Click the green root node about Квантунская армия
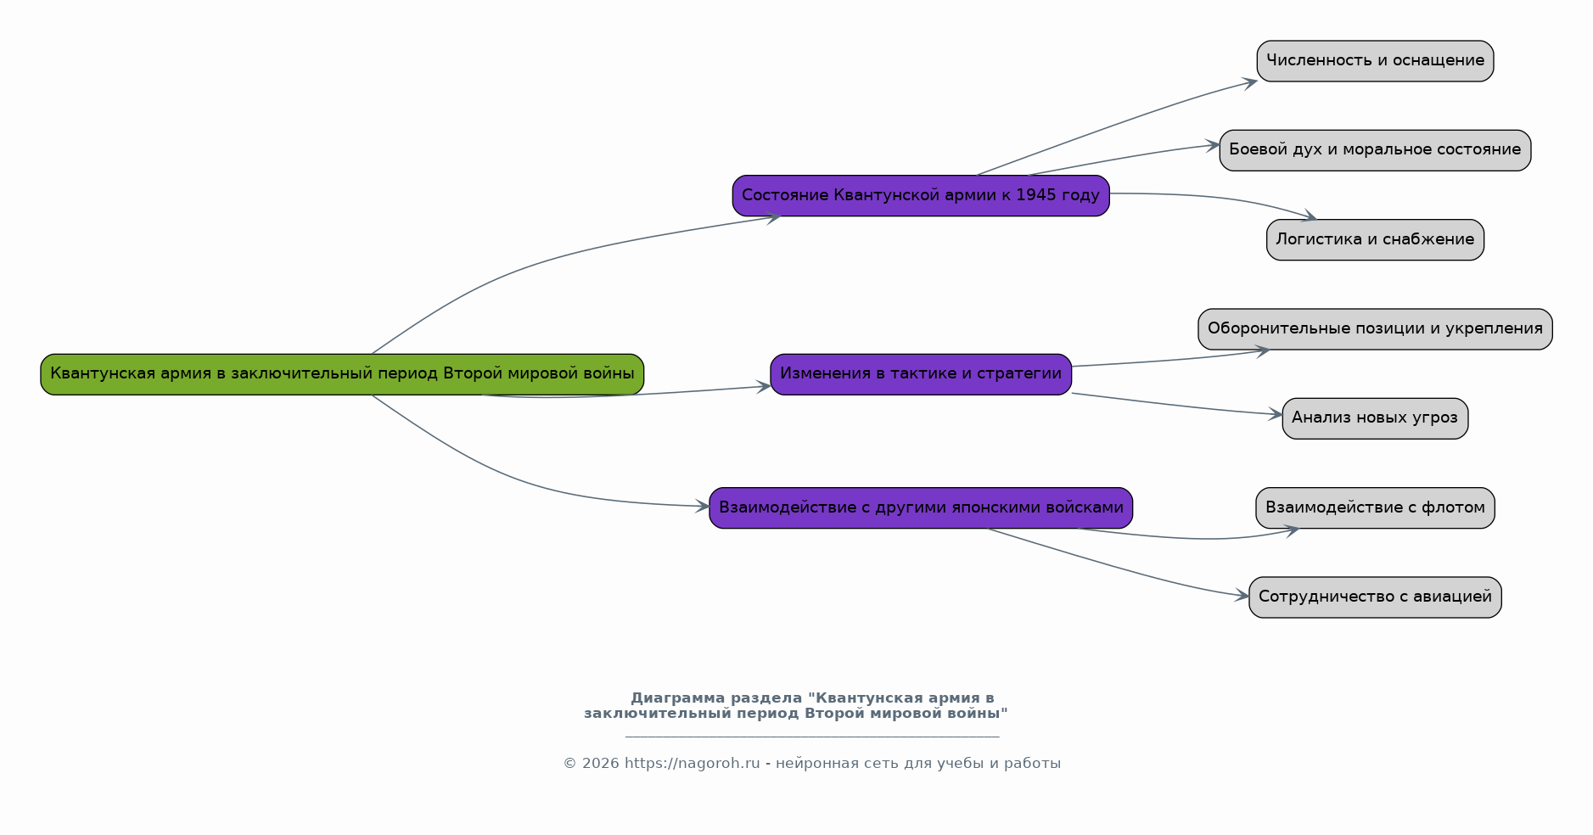pyautogui.click(x=342, y=374)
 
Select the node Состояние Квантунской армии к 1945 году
pyautogui.click(x=921, y=195)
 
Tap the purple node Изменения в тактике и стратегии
pyautogui.click(x=921, y=374)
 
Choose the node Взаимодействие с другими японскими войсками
pyautogui.click(x=921, y=507)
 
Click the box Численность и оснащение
pyautogui.click(x=1375, y=61)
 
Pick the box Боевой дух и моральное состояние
pyautogui.click(x=1375, y=150)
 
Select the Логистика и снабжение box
pyautogui.click(x=1375, y=239)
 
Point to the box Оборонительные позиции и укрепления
pyautogui.click(x=1375, y=329)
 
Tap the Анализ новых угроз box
pyautogui.click(x=1375, y=418)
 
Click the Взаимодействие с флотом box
pyautogui.click(x=1375, y=507)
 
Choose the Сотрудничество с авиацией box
pyautogui.click(x=1375, y=597)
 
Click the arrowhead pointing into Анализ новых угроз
pyautogui.click(x=1276, y=415)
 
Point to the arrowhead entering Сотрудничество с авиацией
pyautogui.click(x=1242, y=596)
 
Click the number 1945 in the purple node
pyautogui.click(x=1035, y=195)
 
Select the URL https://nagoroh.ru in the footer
pyautogui.click(x=693, y=764)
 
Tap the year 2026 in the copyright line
pyautogui.click(x=601, y=764)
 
